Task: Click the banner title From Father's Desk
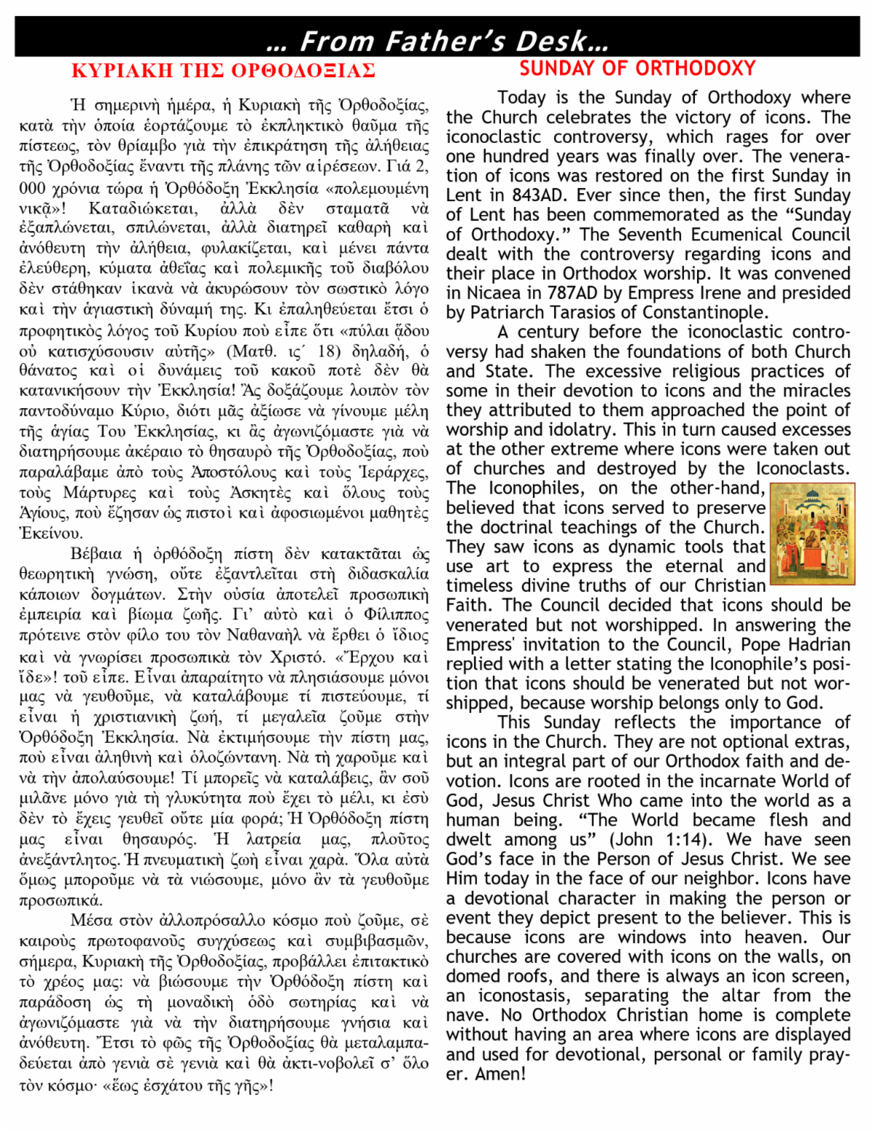(x=437, y=41)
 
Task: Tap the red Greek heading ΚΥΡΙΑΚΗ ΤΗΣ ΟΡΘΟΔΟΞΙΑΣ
(x=223, y=71)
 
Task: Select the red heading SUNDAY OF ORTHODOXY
(x=637, y=69)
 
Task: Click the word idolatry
(x=569, y=429)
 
